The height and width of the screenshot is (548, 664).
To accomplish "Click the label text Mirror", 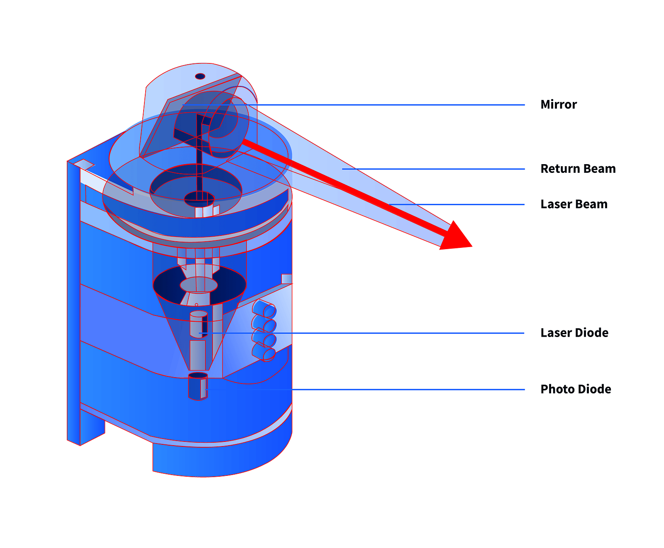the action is pos(558,104).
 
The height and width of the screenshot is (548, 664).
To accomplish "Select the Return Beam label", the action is pos(578,169).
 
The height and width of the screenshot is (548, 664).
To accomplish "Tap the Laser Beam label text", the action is pos(574,204).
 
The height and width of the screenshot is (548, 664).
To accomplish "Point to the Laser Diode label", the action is pos(574,332).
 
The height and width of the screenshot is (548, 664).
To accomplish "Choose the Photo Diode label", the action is pos(576,389).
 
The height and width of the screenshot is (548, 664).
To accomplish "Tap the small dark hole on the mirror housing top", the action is pos(200,76).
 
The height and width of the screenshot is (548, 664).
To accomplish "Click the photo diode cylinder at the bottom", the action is pos(198,386).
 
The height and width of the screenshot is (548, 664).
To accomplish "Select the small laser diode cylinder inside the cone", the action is pos(199,324).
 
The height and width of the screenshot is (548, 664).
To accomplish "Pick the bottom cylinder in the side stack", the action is pos(264,352).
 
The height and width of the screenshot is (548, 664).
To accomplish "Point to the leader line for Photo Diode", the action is pos(365,390).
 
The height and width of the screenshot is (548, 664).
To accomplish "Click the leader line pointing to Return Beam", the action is pos(434,169).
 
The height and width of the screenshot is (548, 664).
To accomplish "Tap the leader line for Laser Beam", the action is pos(457,204).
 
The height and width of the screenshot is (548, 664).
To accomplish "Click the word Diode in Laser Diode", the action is pos(591,332).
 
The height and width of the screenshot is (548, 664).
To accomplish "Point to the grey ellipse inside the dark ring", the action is pos(199,285).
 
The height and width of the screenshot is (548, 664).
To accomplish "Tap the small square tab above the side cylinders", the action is pos(287,279).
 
